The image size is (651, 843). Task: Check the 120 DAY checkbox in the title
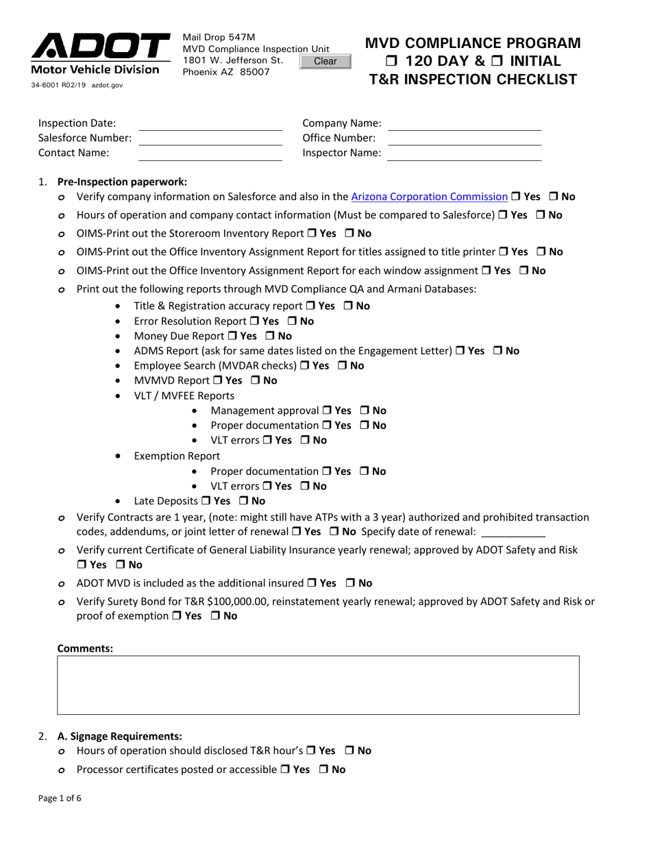coord(392,61)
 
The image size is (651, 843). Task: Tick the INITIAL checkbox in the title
coord(498,61)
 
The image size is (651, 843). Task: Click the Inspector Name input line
coord(464,154)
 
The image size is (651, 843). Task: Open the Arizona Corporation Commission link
coord(429,197)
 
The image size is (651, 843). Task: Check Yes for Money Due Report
coord(231,336)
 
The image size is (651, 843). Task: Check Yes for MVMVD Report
coord(217,380)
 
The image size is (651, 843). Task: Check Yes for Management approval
coord(327,411)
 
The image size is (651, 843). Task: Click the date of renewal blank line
coord(513,532)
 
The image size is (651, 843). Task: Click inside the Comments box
coord(318,685)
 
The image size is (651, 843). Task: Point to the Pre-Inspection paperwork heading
coord(122,182)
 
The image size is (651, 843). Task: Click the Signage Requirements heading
coord(120,736)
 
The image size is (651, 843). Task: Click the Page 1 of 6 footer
coord(60,798)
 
